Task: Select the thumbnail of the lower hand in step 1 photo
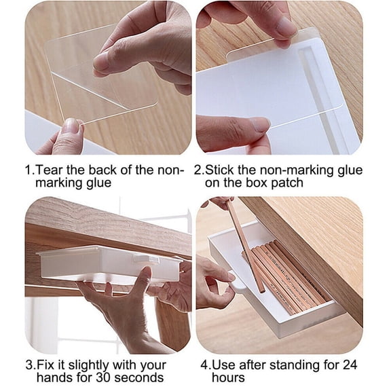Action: (70, 126)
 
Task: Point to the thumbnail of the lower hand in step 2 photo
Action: (259, 124)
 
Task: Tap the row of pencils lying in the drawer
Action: (288, 275)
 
